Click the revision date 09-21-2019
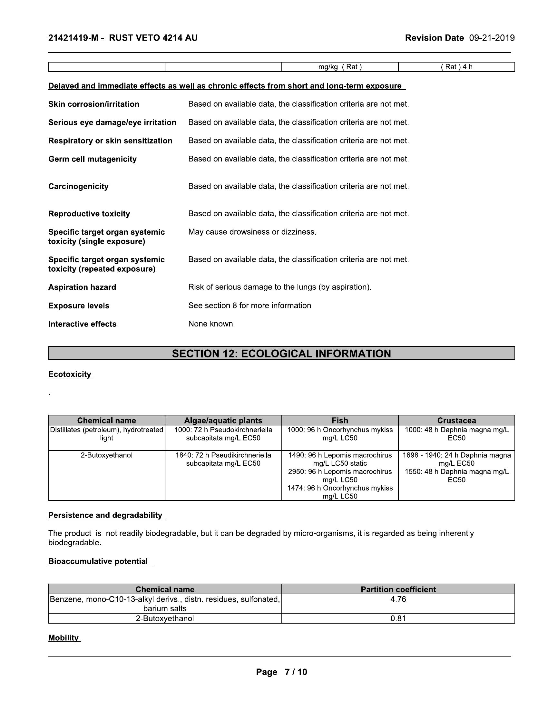tap(492, 38)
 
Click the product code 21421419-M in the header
tap(73, 38)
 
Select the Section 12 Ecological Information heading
tap(281, 354)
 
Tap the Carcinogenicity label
tap(78, 186)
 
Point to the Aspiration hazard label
tap(82, 287)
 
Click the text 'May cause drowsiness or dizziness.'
tap(252, 232)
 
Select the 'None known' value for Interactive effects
tap(210, 324)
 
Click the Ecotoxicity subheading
tap(70, 374)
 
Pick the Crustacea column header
tap(456, 420)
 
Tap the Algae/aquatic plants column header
tap(223, 420)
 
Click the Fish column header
tap(339, 420)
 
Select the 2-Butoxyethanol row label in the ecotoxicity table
tap(106, 455)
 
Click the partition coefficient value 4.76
tap(398, 599)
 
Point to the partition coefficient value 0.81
tap(398, 618)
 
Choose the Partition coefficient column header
tap(398, 589)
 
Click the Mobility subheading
tap(63, 638)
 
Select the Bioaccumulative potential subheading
tap(98, 561)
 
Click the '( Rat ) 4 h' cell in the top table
tap(456, 67)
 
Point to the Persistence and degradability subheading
tap(105, 515)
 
